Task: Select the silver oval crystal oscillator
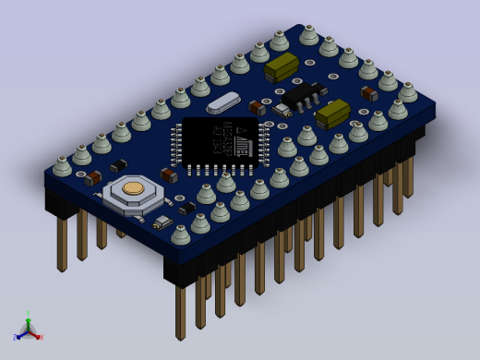click(x=223, y=102)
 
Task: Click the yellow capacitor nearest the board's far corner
click(x=281, y=66)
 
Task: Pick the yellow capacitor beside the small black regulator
click(x=332, y=114)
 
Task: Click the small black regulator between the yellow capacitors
click(x=302, y=94)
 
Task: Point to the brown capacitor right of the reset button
click(x=169, y=175)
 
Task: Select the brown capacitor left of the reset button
click(x=93, y=178)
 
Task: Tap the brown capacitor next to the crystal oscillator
click(x=257, y=108)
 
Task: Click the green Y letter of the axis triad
click(x=29, y=314)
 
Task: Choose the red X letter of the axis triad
click(x=41, y=337)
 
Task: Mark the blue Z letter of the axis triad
click(x=15, y=337)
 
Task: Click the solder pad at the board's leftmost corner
click(x=62, y=166)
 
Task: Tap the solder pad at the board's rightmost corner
click(x=407, y=91)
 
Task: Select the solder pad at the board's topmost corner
click(x=308, y=35)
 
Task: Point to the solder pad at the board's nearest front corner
click(x=181, y=234)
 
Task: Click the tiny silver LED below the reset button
click(x=162, y=222)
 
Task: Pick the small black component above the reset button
click(x=118, y=166)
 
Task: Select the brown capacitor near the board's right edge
click(x=369, y=93)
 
